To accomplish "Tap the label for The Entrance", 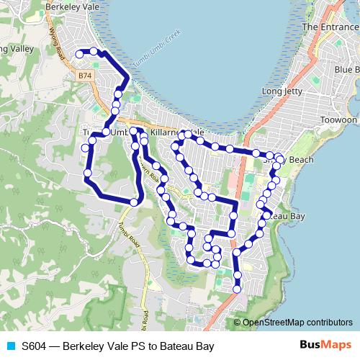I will [x=330, y=27].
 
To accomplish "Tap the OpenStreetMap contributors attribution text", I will [x=297, y=323].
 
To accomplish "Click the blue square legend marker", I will [x=11, y=346].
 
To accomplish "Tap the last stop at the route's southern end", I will [x=238, y=289].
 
